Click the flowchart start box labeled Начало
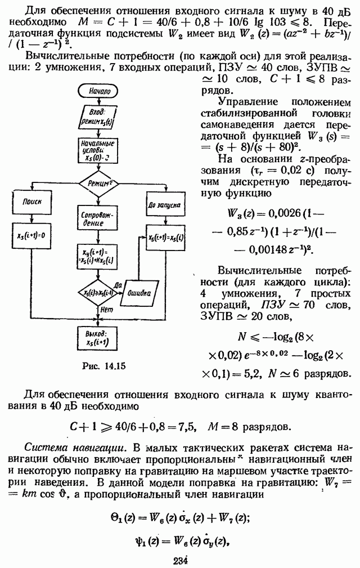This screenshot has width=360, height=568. coord(100,91)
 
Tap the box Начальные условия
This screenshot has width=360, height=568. coord(100,151)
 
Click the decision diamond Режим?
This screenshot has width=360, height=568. coord(99,182)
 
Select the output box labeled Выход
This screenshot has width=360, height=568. coord(99,339)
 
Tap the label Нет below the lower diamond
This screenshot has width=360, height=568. coord(105,308)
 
